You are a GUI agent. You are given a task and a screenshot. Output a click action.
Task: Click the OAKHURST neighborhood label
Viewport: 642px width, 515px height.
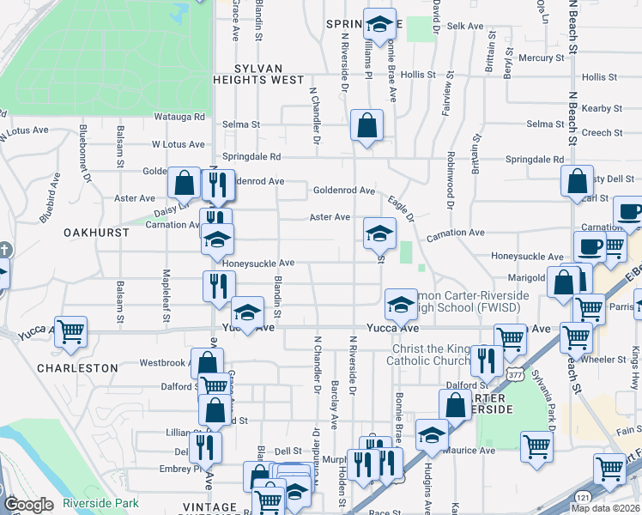pyautogui.click(x=96, y=233)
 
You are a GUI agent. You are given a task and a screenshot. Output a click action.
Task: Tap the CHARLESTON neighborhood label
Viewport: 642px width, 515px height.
pyautogui.click(x=77, y=367)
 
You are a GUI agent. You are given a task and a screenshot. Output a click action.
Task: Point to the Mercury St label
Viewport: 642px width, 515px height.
pyautogui.click(x=547, y=58)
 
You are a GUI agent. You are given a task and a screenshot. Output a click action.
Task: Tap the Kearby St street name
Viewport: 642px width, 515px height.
pyautogui.click(x=602, y=108)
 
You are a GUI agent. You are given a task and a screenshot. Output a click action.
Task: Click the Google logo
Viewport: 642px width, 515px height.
pyautogui.click(x=29, y=504)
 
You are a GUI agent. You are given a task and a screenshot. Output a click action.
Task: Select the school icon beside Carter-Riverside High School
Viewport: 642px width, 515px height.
pyautogui.click(x=400, y=302)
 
